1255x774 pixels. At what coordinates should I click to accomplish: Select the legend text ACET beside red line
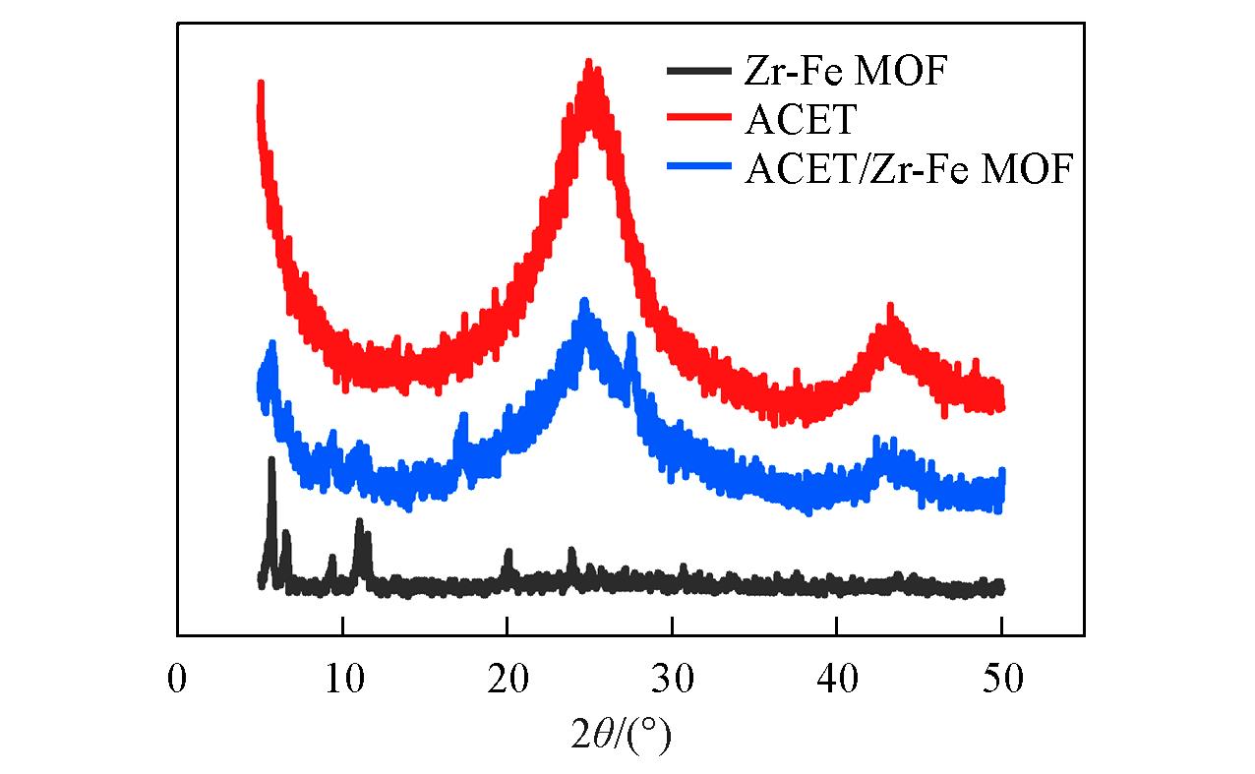(x=801, y=121)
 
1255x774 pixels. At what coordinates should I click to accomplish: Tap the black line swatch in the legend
(x=698, y=71)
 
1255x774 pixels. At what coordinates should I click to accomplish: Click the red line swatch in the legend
(x=698, y=120)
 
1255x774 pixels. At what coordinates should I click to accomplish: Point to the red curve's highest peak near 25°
(x=589, y=65)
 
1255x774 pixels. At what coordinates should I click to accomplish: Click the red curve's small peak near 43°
(x=890, y=310)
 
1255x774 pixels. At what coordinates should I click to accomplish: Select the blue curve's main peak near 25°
(x=584, y=303)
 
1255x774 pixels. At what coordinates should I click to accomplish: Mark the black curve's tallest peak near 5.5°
(x=271, y=461)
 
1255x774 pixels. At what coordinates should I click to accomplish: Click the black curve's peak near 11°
(x=360, y=522)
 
